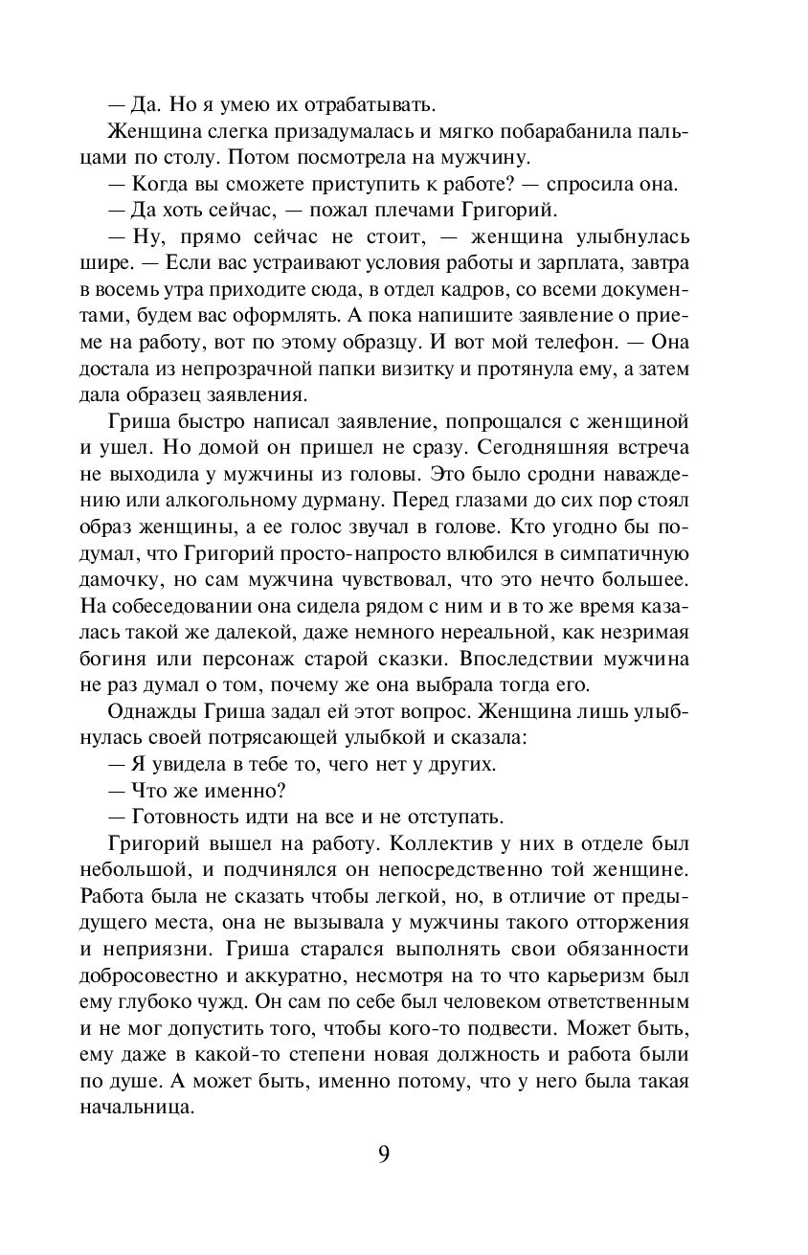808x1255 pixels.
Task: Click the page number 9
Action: [384, 1154]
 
